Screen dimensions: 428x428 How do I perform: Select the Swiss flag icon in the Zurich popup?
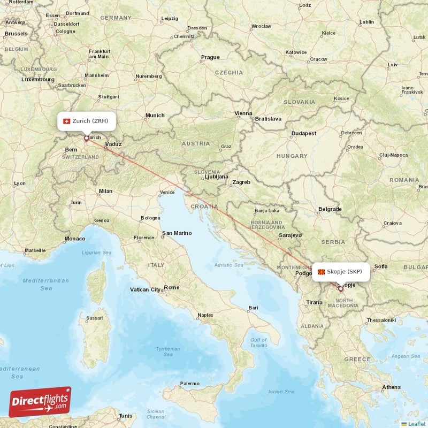tap(67, 121)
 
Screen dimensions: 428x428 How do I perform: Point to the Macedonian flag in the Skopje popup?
tap(322, 272)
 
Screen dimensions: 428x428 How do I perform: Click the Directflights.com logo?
tap(40, 402)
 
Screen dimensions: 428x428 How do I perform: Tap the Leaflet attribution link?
tap(414, 424)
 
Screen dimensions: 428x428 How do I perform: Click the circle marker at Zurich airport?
tap(86, 138)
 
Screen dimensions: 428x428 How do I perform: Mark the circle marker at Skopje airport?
tap(340, 288)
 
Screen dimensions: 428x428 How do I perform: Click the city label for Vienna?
tap(243, 113)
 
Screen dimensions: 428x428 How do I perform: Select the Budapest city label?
tap(304, 133)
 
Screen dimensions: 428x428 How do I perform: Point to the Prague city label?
tap(210, 57)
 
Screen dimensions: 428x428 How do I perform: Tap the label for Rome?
tap(172, 287)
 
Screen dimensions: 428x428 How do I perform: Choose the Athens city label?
tap(391, 387)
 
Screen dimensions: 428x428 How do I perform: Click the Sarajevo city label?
tap(290, 235)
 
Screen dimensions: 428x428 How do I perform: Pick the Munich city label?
tap(155, 115)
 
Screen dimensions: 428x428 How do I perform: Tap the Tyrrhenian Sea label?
tap(167, 351)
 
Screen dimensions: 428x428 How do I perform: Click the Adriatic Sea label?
tap(229, 265)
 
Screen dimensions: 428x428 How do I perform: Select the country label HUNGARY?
tap(292, 156)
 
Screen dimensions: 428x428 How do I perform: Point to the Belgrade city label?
tap(330, 209)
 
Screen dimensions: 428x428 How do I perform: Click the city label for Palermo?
tap(190, 384)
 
